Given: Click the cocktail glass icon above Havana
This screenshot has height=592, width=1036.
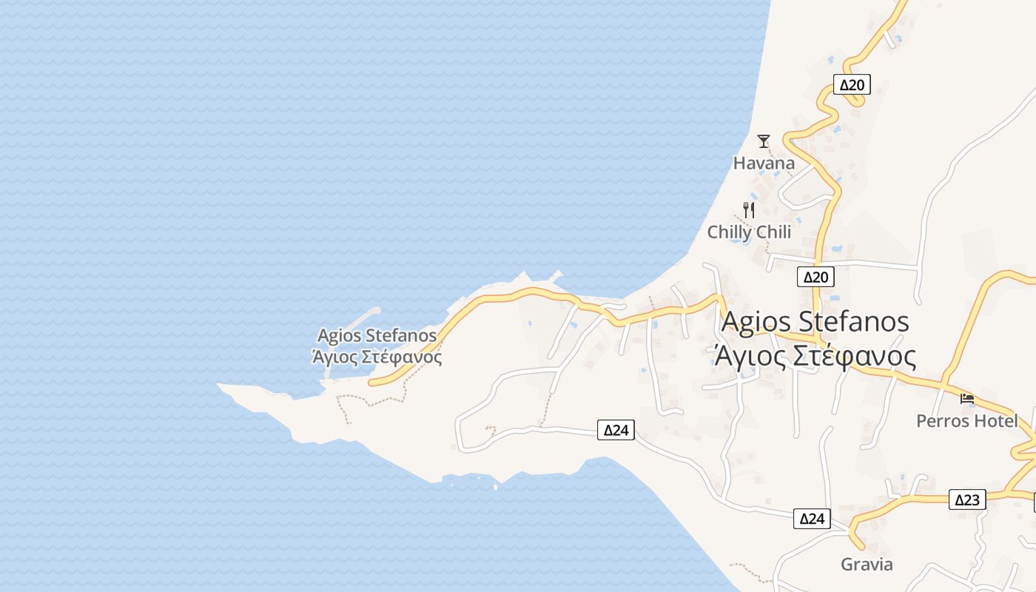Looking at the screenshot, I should [764, 141].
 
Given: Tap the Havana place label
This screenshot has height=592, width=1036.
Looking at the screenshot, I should [764, 163].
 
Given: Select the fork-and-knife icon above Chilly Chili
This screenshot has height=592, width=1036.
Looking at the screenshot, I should [749, 209].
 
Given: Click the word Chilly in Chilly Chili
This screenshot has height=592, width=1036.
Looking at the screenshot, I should [729, 232].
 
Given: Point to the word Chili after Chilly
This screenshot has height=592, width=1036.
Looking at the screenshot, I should [772, 232].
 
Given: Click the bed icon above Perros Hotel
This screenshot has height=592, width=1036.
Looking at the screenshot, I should [967, 399].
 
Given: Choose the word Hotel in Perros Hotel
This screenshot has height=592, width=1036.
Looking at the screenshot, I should [995, 421].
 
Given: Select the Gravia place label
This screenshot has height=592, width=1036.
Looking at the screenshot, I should [867, 565].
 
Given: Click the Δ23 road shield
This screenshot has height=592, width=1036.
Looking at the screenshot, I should [967, 499].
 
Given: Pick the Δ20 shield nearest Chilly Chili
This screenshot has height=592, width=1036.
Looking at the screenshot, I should [815, 277].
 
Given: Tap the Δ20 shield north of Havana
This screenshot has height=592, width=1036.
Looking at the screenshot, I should [852, 84].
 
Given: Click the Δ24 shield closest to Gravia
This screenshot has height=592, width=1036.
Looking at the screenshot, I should [812, 519].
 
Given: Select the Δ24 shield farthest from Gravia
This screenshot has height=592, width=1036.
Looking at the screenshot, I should [616, 430].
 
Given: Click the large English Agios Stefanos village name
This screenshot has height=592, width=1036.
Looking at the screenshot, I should [815, 322].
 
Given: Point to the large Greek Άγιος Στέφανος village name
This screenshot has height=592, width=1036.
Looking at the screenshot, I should [815, 356].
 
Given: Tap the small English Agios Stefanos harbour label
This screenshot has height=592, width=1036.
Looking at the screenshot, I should [377, 336].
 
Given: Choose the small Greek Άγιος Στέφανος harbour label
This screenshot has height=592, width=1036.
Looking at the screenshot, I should [377, 357].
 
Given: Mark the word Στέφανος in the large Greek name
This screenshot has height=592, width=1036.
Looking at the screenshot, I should [855, 356].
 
